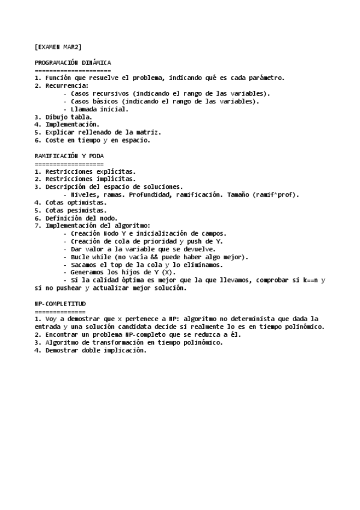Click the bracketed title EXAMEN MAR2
coord(58,46)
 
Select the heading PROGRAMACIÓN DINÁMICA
coord(73,63)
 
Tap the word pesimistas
coord(87,210)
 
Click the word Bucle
coord(81,257)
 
